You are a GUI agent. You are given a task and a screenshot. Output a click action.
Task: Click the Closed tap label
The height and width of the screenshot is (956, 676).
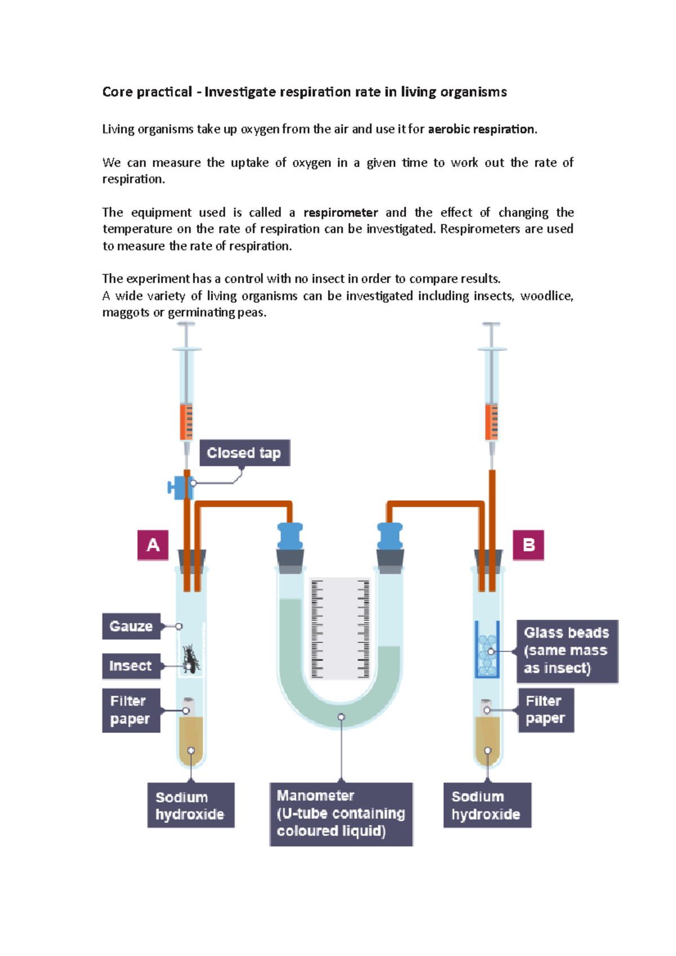(244, 453)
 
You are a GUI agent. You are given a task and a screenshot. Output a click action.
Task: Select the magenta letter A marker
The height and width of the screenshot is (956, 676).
(153, 545)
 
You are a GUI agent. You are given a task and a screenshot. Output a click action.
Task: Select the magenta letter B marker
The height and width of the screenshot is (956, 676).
(528, 545)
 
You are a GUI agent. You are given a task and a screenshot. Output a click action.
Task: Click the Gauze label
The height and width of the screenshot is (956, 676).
(131, 626)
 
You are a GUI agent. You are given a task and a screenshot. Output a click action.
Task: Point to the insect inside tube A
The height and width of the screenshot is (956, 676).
(191, 659)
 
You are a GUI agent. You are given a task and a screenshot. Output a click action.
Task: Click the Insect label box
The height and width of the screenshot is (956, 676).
(131, 666)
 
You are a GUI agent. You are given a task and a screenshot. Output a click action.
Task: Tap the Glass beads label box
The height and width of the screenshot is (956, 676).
(567, 651)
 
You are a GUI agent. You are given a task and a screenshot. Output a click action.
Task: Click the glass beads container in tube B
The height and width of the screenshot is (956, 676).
(487, 650)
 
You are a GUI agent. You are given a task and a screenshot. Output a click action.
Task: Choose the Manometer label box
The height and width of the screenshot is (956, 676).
(341, 813)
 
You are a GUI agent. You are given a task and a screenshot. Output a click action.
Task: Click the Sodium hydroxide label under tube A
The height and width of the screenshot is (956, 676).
(190, 805)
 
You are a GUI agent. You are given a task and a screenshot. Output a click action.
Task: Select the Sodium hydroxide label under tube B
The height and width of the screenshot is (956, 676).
(487, 805)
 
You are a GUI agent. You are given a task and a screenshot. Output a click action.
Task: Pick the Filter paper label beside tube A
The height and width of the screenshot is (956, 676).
(131, 710)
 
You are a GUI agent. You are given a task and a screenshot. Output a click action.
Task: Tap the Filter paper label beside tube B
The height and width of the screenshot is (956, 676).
(545, 709)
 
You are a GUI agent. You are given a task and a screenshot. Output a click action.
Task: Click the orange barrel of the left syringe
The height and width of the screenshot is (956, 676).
(186, 421)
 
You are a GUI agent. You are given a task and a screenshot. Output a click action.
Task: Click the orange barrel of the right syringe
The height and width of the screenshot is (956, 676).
(492, 421)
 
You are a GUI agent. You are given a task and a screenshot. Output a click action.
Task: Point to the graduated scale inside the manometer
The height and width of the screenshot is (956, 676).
(340, 628)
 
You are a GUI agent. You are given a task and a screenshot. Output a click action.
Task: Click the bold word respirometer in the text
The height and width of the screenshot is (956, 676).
(341, 213)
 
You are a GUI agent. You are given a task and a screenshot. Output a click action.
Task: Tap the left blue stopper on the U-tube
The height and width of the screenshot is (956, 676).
(290, 536)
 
